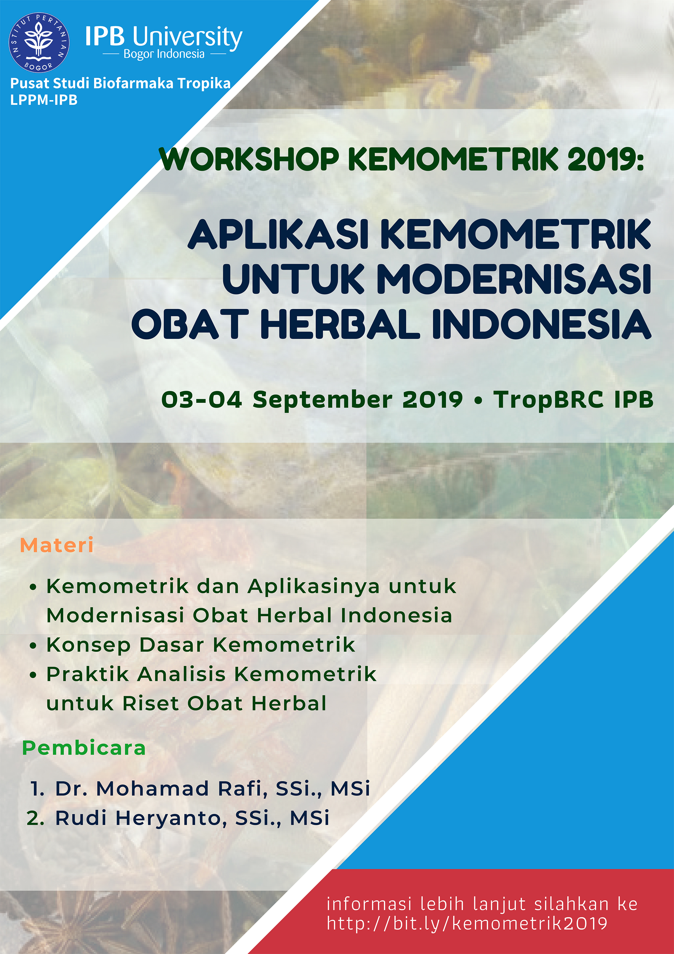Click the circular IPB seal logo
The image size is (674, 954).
39,42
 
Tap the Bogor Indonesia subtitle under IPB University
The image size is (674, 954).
164,54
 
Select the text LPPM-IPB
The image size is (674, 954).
43,100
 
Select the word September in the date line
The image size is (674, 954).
322,400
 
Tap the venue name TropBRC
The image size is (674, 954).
549,400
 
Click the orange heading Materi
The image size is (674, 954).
57,545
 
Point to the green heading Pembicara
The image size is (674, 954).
84,748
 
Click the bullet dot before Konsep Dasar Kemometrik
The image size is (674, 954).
33,646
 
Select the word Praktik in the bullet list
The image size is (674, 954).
88,674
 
